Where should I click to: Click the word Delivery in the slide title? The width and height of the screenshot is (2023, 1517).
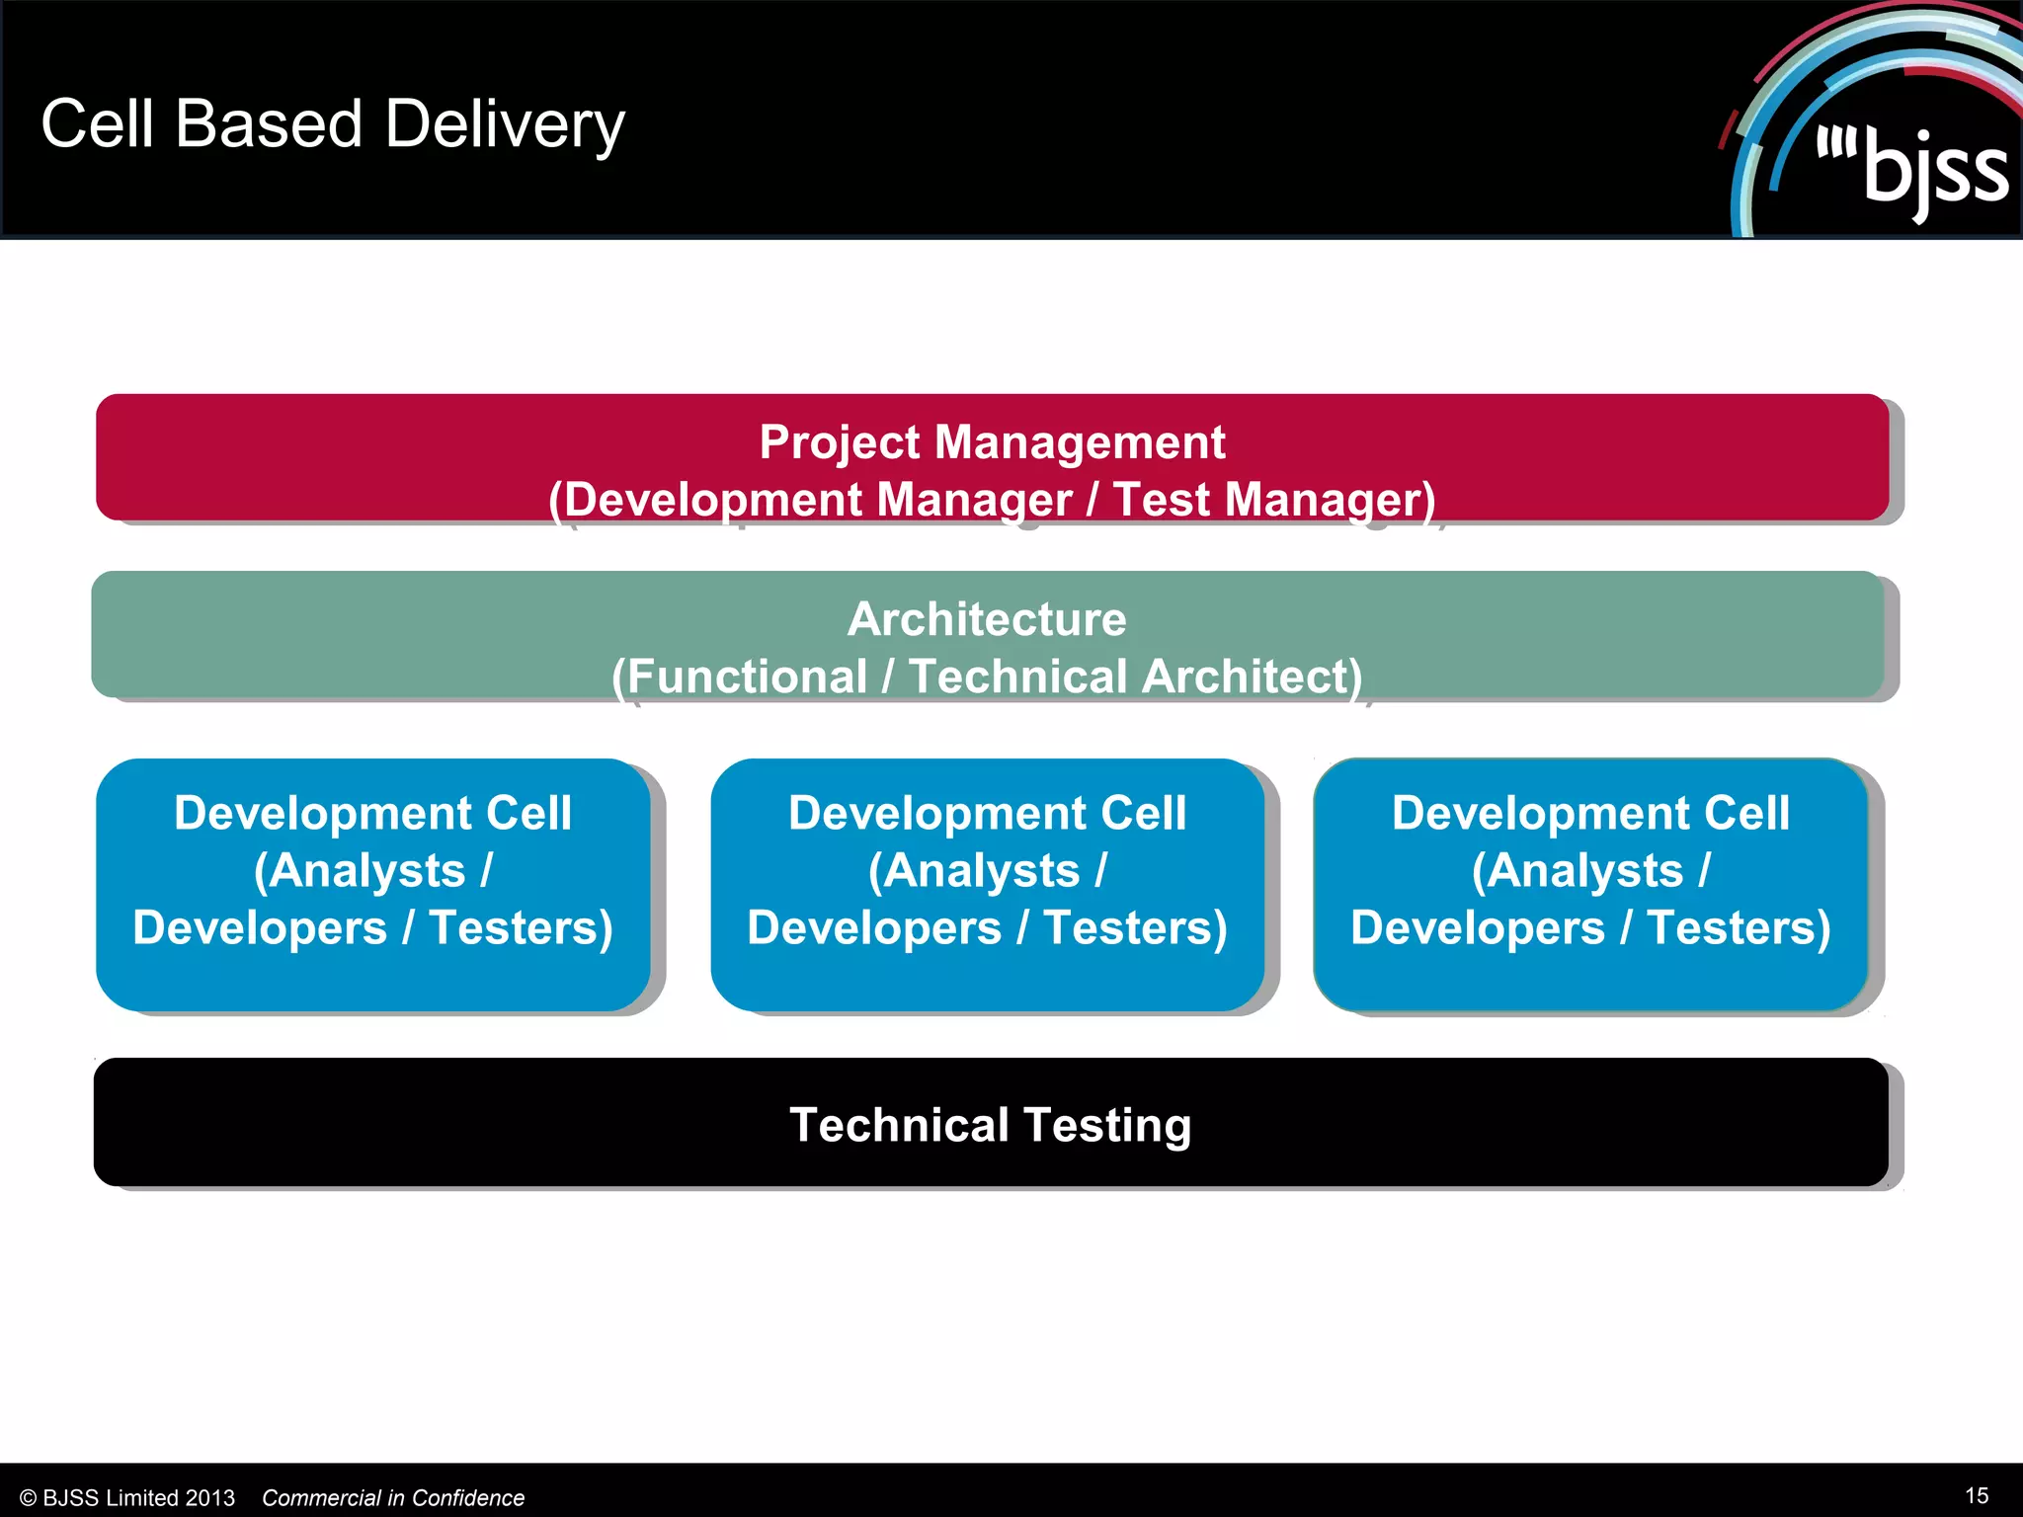click(505, 125)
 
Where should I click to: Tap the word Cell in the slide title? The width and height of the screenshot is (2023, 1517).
click(97, 124)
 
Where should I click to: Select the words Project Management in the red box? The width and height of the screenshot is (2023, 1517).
click(992, 441)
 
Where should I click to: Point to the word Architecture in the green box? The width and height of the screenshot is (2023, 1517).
click(987, 619)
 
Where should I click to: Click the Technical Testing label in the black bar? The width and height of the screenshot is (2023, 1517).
click(990, 1125)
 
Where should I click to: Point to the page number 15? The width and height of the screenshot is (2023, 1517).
click(1977, 1495)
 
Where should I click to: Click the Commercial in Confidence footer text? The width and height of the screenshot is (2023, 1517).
click(393, 1498)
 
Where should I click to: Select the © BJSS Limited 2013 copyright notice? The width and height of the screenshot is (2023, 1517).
click(127, 1498)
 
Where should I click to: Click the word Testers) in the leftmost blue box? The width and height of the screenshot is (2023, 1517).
click(521, 928)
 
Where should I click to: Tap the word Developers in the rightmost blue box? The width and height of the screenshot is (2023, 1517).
click(1477, 928)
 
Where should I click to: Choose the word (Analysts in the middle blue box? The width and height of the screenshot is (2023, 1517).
click(973, 871)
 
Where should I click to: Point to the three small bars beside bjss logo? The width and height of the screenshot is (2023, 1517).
click(1836, 144)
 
